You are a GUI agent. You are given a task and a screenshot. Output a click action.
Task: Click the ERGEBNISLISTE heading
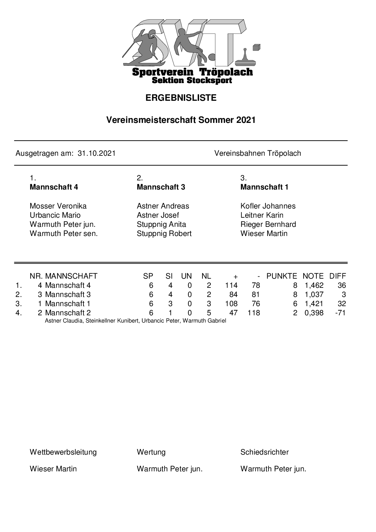[181, 98]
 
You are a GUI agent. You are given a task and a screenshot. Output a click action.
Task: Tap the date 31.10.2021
[97, 154]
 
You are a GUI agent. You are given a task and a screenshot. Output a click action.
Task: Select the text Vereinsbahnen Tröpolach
[258, 154]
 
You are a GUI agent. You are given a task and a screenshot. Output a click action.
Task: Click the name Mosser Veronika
[58, 206]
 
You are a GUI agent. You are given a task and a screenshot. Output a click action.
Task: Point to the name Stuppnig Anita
[161, 224]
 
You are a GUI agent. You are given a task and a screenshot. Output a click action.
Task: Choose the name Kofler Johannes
[268, 206]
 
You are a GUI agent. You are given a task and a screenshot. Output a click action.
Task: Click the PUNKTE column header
[282, 276]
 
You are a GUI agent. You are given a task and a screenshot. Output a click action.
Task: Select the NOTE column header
[313, 276]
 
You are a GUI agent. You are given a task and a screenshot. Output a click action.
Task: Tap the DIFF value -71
[341, 313]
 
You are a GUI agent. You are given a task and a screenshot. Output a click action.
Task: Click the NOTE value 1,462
[314, 285]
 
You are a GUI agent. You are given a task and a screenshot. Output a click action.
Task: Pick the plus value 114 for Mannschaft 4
[231, 285]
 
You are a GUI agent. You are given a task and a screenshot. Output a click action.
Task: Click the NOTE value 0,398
[314, 313]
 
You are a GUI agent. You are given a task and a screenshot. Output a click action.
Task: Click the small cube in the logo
[257, 47]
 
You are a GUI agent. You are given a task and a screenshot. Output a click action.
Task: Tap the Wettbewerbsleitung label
[63, 452]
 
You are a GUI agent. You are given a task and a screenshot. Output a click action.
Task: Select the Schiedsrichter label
[264, 452]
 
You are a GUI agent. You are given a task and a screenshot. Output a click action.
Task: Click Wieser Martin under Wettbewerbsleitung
[53, 469]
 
